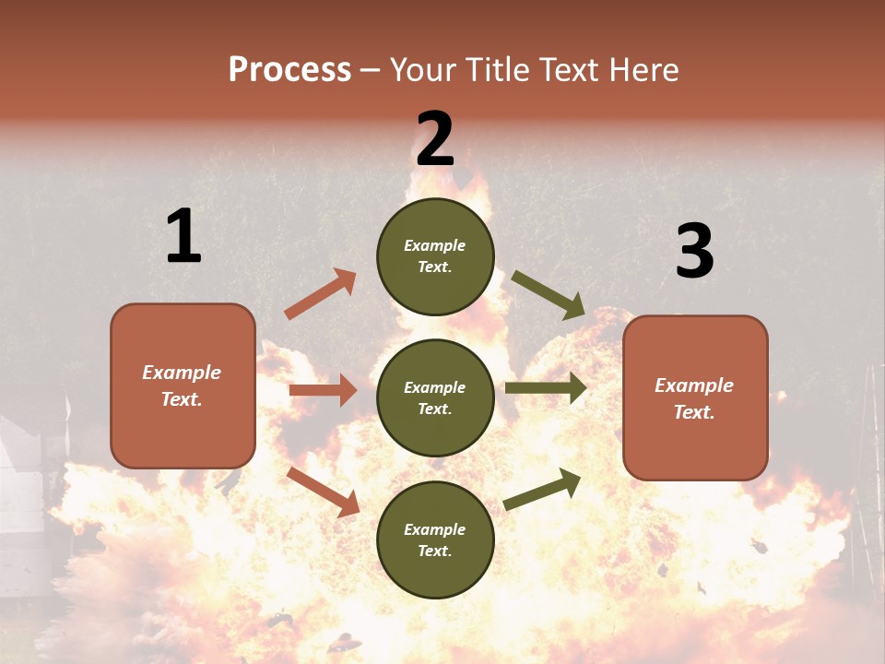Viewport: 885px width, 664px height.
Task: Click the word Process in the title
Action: (289, 70)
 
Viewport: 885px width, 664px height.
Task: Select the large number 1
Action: (183, 236)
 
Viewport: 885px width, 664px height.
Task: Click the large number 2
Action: (435, 138)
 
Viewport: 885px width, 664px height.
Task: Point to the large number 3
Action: (694, 251)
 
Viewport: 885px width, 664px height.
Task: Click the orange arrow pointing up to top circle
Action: (321, 294)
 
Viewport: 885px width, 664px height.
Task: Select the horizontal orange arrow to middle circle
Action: (323, 390)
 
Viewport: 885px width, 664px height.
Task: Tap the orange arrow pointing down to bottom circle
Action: (323, 491)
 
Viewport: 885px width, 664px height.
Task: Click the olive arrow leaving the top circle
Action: (548, 294)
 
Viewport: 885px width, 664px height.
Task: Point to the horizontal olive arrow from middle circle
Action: (546, 388)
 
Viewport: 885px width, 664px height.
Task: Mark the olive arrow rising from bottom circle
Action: (542, 490)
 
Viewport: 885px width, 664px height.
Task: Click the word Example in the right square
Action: (694, 385)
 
